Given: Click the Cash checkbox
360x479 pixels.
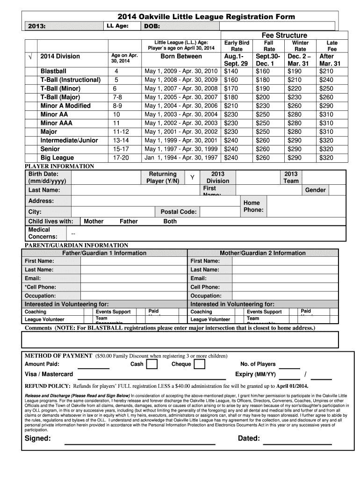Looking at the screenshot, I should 152,364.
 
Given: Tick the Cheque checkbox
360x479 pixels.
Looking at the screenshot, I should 200,364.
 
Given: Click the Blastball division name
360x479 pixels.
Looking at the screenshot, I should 53,71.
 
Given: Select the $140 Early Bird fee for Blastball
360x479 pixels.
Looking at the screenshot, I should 231,71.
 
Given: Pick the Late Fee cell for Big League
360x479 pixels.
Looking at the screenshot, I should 326,158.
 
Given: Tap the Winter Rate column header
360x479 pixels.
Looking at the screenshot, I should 300,46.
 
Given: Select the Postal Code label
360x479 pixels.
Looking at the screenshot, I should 178,212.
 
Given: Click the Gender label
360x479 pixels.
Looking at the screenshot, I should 316,190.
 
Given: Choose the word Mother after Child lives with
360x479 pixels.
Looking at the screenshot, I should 94,221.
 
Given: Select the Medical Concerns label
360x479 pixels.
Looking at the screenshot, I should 43,233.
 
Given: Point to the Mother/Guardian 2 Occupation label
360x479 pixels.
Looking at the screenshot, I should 205,296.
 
